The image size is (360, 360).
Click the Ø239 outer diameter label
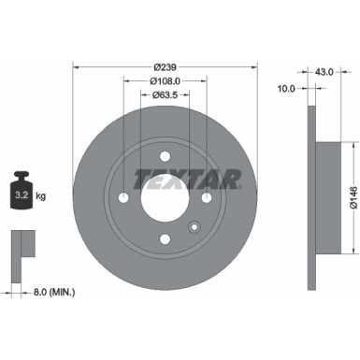click(x=165, y=67)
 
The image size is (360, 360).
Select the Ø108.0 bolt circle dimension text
click(x=166, y=80)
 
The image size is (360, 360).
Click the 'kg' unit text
click(x=40, y=197)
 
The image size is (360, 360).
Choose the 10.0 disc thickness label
click(x=286, y=89)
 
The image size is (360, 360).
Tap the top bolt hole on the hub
click(x=166, y=156)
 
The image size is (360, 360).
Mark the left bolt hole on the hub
click(x=123, y=198)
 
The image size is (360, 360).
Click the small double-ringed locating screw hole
click(x=194, y=227)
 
